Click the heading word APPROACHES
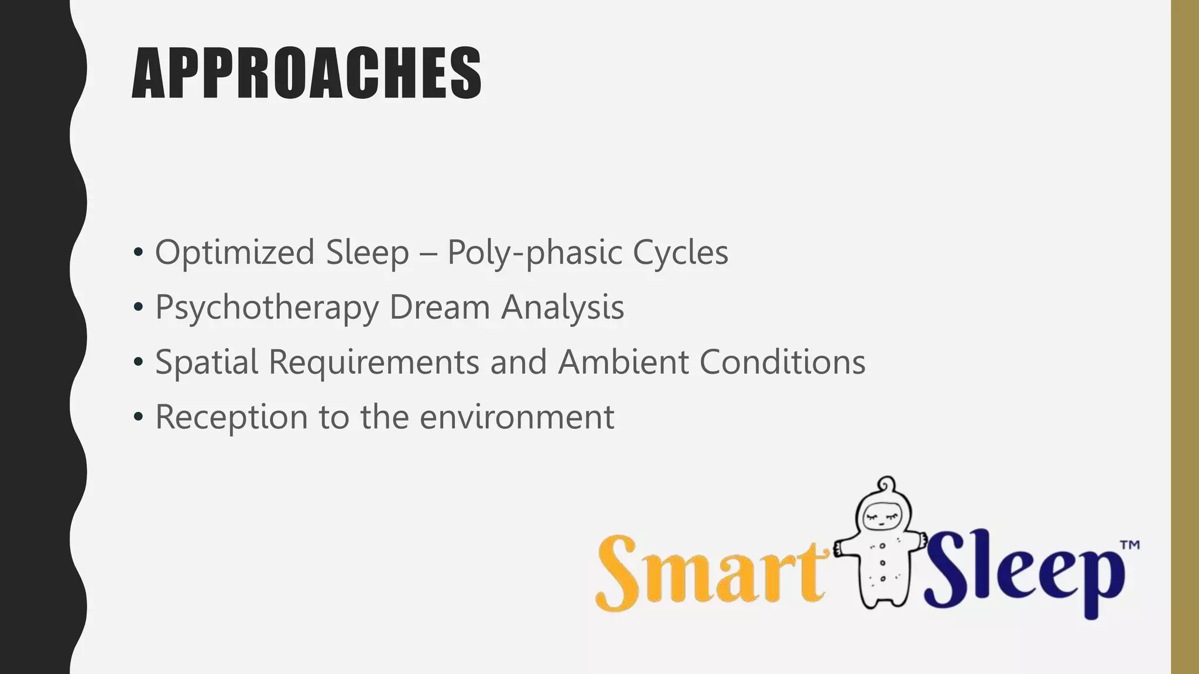(x=307, y=74)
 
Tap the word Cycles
(x=680, y=253)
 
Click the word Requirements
(x=374, y=362)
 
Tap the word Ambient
(x=623, y=362)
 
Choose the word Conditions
(x=782, y=362)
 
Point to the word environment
(x=517, y=417)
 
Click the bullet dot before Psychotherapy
(x=138, y=308)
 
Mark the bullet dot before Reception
(x=138, y=417)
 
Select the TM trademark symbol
(x=1129, y=545)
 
